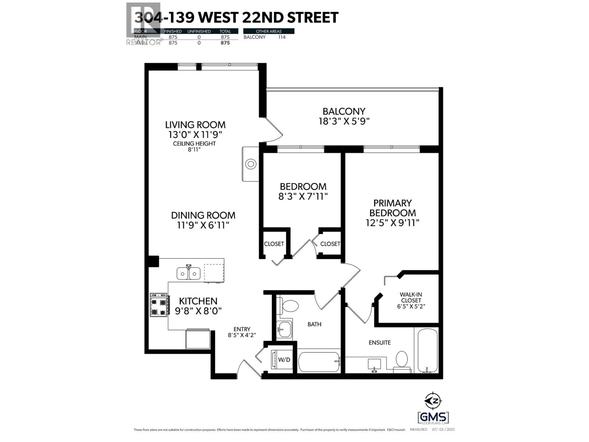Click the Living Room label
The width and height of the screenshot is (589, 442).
click(x=195, y=125)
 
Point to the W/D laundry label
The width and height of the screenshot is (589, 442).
click(x=284, y=360)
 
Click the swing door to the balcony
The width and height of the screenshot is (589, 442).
click(x=273, y=131)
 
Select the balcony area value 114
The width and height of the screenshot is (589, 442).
click(x=282, y=37)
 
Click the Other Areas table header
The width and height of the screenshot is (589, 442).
click(x=269, y=31)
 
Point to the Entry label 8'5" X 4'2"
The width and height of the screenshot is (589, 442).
click(x=242, y=332)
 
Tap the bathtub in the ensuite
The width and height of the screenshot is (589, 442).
click(x=427, y=350)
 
